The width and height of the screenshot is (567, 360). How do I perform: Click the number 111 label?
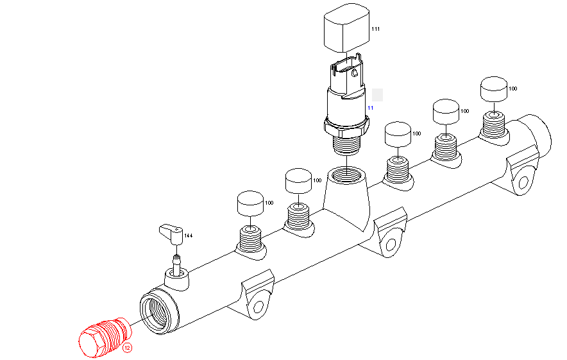click(x=376, y=30)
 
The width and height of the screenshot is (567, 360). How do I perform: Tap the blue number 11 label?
click(x=370, y=108)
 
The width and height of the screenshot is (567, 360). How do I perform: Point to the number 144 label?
click(x=189, y=236)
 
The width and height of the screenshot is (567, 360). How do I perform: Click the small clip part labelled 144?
click(x=171, y=232)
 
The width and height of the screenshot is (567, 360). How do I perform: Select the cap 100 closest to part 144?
click(x=251, y=203)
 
